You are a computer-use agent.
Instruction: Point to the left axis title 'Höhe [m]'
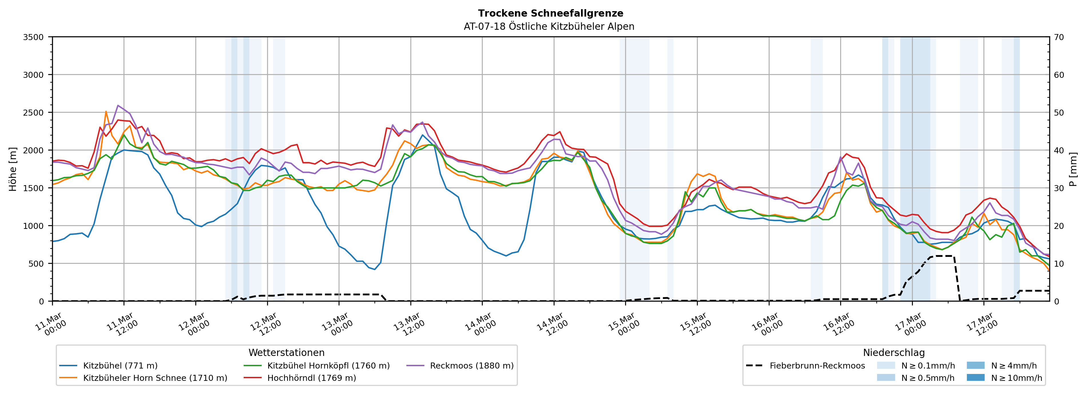coord(13,169)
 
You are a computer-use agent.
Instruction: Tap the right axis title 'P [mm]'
coord(1073,169)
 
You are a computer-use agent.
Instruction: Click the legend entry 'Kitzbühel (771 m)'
coord(120,366)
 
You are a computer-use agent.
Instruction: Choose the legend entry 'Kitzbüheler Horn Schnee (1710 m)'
coord(155,378)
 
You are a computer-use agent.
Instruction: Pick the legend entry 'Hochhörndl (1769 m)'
coord(311,378)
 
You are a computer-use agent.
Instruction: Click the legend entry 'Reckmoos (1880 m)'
coord(471,366)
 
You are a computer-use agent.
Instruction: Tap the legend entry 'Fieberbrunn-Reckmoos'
coord(817,366)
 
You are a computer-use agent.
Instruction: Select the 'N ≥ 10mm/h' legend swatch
coord(975,377)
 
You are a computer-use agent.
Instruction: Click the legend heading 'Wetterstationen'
coord(287,353)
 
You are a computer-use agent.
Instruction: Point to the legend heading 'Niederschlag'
coord(894,353)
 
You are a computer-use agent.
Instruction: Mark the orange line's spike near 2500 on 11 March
coord(106,112)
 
